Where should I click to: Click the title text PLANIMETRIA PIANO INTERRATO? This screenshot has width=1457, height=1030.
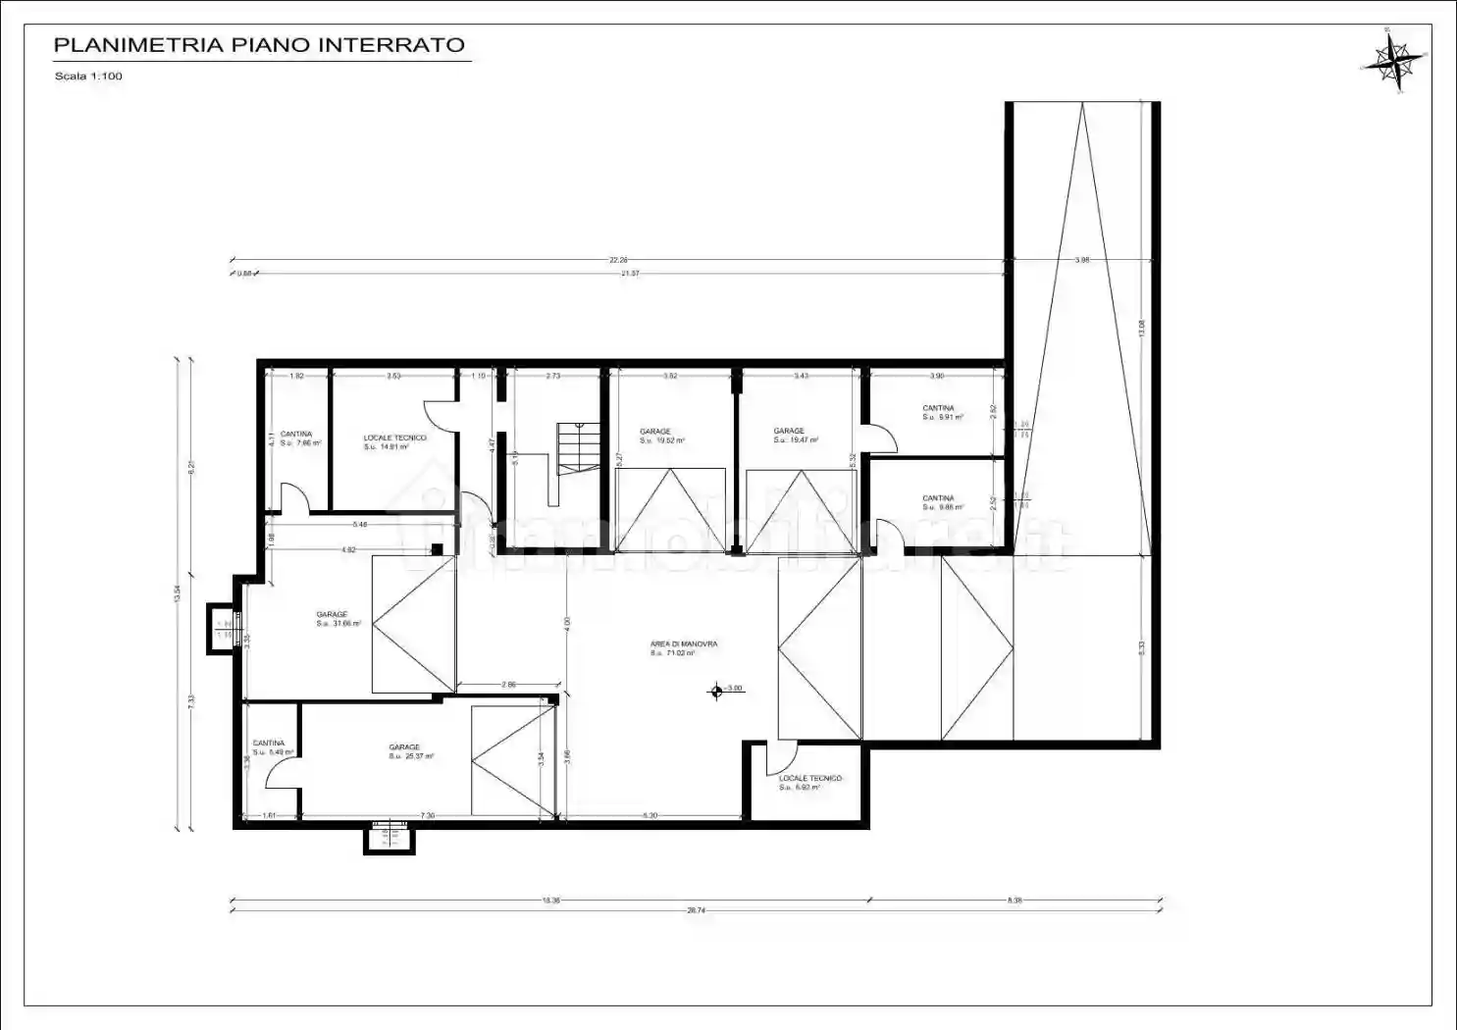tap(259, 45)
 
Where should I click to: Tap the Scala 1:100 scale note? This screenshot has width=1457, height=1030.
tap(88, 77)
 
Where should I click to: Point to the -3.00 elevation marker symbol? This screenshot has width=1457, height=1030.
tap(717, 691)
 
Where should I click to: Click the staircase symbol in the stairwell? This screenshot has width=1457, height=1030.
tap(578, 448)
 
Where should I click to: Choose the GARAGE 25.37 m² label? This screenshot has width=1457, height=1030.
tap(410, 751)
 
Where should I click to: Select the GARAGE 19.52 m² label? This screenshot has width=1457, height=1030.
tap(661, 436)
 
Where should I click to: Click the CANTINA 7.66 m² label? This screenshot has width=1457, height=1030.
tap(300, 438)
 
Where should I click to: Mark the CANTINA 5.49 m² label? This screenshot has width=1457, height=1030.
tap(272, 747)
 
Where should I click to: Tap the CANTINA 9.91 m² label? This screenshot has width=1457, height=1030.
tap(942, 412)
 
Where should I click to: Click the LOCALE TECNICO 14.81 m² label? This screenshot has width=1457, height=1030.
tap(394, 442)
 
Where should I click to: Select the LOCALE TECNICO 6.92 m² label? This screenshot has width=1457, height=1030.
tap(809, 782)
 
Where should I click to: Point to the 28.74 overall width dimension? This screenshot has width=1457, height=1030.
tap(696, 911)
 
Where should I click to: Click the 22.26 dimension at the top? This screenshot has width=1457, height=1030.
tap(617, 260)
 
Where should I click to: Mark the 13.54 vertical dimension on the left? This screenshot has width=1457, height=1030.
tap(178, 592)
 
